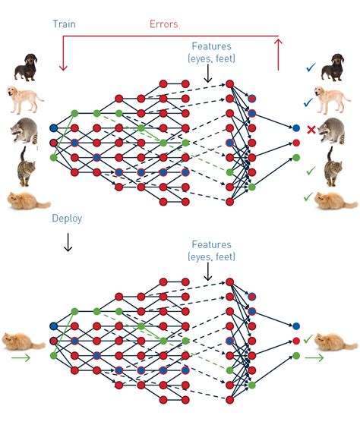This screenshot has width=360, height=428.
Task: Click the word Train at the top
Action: [64, 24]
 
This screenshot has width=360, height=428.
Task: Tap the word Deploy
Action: [67, 219]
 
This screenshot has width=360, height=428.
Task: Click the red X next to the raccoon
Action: [311, 130]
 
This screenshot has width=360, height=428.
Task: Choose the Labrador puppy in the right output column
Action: [336, 99]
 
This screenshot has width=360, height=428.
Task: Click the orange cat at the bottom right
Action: [334, 342]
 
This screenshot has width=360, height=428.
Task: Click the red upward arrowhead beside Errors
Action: [279, 44]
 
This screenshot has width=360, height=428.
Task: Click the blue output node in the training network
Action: [296, 128]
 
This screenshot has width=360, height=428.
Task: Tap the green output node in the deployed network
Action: [296, 354]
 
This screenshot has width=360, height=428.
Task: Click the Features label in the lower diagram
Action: [211, 245]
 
